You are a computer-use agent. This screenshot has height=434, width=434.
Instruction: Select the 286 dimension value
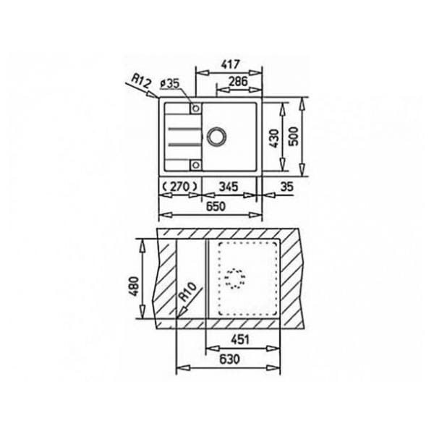237,82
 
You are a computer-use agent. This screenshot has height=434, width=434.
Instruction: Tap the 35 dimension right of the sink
286,187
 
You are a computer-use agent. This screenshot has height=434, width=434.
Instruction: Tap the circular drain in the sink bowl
216,135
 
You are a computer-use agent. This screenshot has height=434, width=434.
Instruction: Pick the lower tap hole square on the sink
195,162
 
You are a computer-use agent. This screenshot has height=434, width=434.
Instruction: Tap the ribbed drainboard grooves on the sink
177,136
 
